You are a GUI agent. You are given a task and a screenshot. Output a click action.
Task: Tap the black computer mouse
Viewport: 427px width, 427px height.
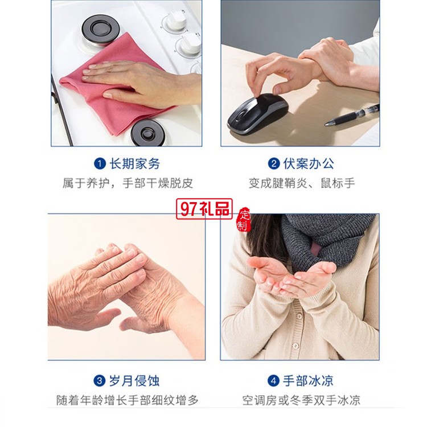point(257,113)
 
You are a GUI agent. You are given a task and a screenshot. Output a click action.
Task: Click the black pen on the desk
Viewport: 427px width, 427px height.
point(352,116)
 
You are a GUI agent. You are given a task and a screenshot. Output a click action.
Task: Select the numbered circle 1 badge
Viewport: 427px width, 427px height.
point(100,163)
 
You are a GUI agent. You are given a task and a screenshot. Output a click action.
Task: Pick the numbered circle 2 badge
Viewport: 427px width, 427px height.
point(274,163)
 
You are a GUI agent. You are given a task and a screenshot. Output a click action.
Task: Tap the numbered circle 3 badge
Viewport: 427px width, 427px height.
point(100,381)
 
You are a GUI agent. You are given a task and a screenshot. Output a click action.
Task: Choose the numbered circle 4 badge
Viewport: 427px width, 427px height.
point(273,381)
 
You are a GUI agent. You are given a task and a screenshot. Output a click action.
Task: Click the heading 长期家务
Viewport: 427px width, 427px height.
point(134,163)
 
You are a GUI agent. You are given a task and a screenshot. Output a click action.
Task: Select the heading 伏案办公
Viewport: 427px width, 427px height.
point(309,163)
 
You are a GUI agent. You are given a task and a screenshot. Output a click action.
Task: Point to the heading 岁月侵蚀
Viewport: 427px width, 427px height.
point(134,381)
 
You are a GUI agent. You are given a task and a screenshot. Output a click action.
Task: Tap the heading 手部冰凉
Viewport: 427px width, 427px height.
point(308,381)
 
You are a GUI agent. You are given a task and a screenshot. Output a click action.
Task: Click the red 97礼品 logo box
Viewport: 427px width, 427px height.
point(204,209)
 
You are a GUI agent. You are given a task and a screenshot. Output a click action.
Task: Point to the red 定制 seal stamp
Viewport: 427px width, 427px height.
point(244,220)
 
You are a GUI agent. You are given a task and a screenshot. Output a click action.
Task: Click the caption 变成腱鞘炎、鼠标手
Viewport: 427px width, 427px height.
point(302,183)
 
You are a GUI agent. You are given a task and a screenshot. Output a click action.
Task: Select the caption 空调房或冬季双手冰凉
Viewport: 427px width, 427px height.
point(301,400)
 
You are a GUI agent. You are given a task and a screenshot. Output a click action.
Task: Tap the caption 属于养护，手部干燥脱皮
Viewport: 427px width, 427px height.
point(128,183)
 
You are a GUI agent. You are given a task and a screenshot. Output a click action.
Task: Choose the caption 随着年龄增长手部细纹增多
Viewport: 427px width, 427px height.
point(128,400)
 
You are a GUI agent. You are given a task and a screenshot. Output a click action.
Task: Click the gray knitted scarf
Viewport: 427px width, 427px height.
point(327,240)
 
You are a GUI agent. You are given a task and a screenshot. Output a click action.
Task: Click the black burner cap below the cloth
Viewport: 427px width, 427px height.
point(149,133)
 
